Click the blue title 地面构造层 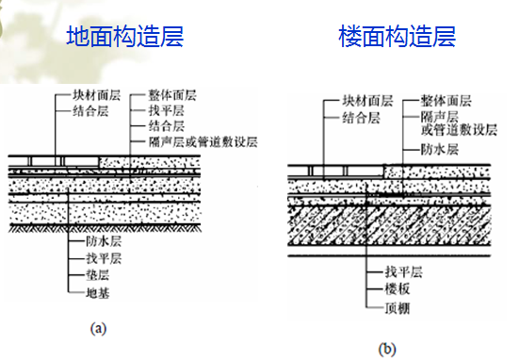pyautogui.click(x=125, y=36)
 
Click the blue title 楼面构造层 pyautogui.click(x=398, y=36)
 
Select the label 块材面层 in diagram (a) pyautogui.click(x=96, y=95)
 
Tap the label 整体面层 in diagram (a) pyautogui.click(x=172, y=95)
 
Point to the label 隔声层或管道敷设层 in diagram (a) pyautogui.click(x=203, y=142)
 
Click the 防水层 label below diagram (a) pyautogui.click(x=104, y=241)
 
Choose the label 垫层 pyautogui.click(x=98, y=275)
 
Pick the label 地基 pyautogui.click(x=98, y=293)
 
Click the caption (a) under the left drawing pyautogui.click(x=98, y=328)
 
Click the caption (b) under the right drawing pyautogui.click(x=387, y=349)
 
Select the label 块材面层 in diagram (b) pyautogui.click(x=367, y=101)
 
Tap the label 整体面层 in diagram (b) pyautogui.click(x=446, y=101)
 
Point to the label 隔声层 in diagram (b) pyautogui.click(x=439, y=117)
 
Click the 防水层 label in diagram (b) pyautogui.click(x=439, y=149)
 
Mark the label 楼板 pyautogui.click(x=398, y=288)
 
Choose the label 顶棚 pyautogui.click(x=398, y=308)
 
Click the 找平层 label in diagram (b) pyautogui.click(x=403, y=271)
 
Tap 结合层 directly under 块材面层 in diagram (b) pyautogui.click(x=361, y=118)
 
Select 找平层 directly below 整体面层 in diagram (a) pyautogui.click(x=166, y=110)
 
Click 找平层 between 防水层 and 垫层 pyautogui.click(x=104, y=258)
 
